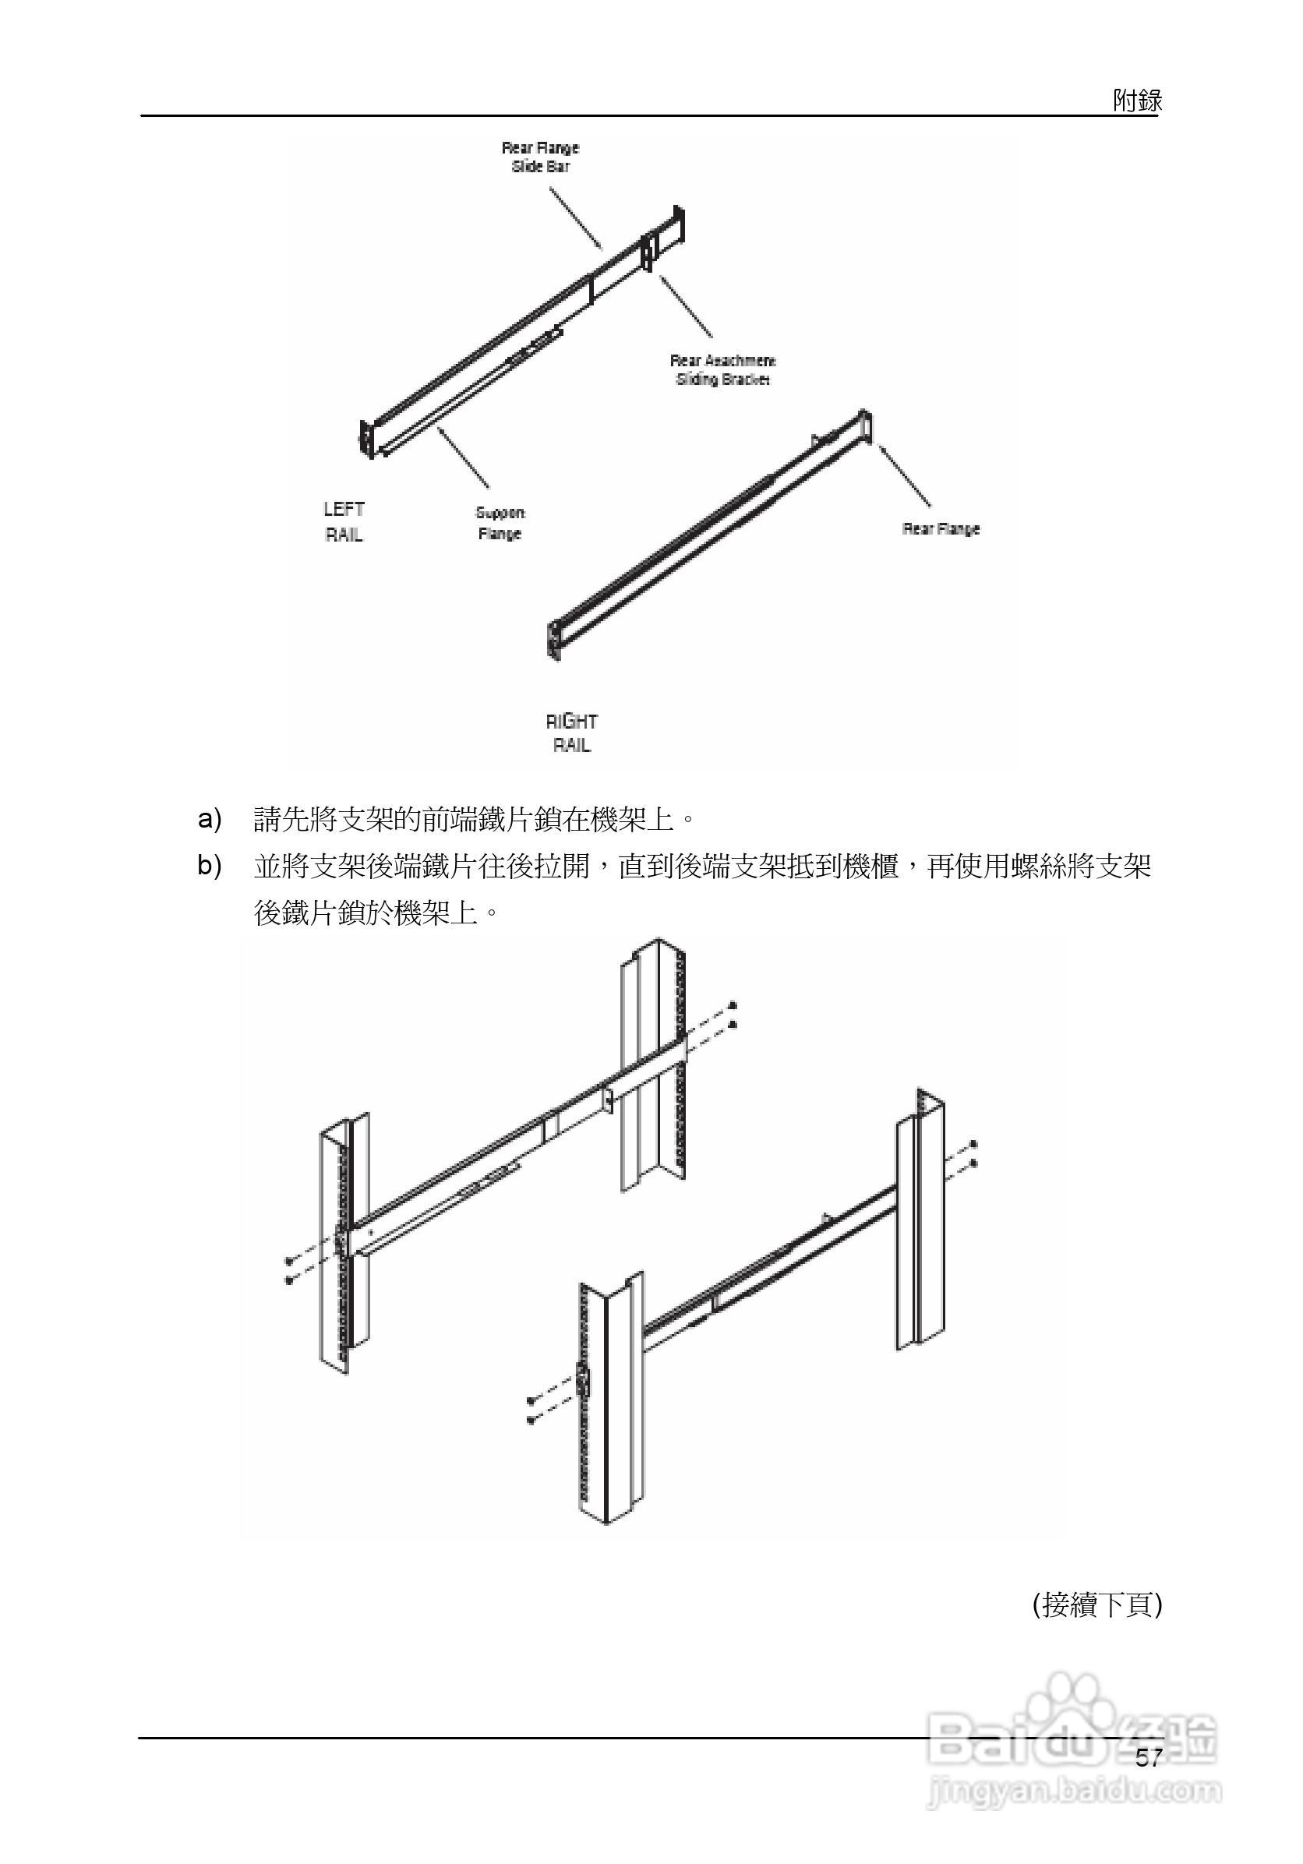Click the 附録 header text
pos(1136,101)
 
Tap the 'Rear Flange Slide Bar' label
pos(540,157)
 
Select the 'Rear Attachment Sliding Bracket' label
pos(722,369)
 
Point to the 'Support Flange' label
pos(500,523)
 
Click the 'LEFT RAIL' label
pos(344,521)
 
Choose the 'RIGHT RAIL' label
pos(571,733)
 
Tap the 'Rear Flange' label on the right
pos(941,528)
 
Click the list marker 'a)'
pos(210,818)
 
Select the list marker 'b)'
pos(210,866)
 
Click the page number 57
pos(1148,1759)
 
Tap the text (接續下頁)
pos(1096,1605)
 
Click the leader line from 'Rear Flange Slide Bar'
pos(576,217)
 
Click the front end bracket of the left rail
pos(368,440)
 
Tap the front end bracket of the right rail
pos(553,639)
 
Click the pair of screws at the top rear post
pos(733,1015)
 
